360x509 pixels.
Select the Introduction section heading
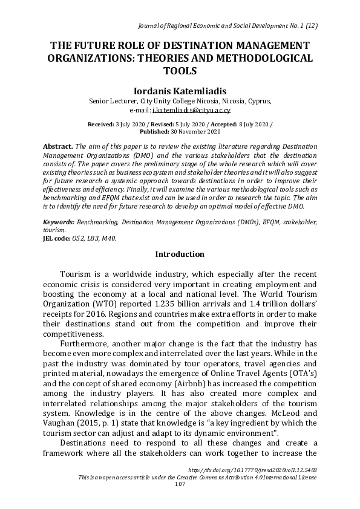point(180,254)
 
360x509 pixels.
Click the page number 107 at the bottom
point(180,484)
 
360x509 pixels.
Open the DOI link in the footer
point(253,468)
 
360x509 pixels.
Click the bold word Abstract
point(57,146)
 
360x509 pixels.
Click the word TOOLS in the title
point(180,71)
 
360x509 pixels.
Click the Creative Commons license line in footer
point(198,476)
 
